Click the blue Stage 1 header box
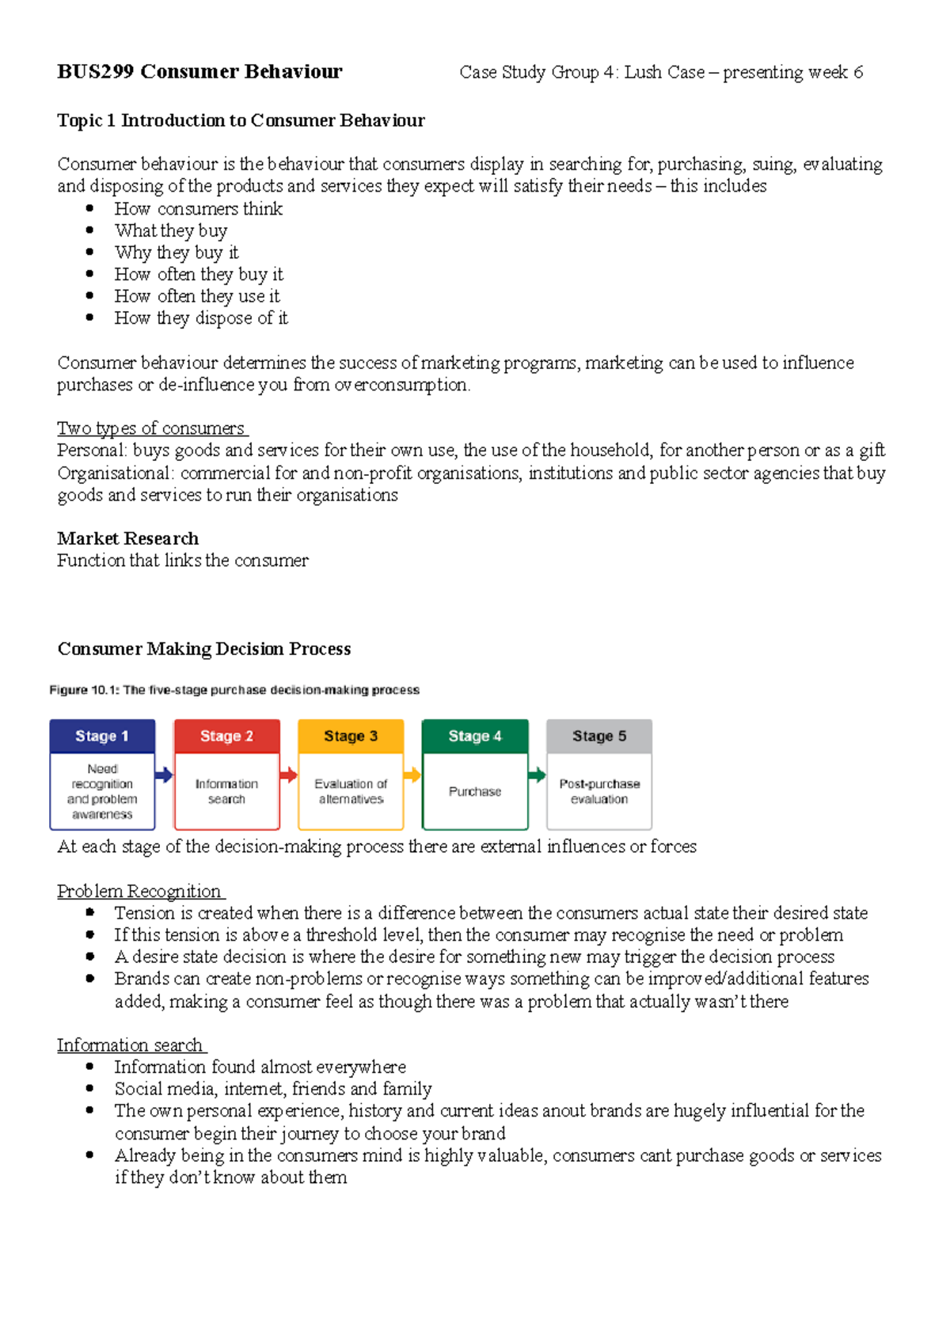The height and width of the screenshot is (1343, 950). [x=102, y=736]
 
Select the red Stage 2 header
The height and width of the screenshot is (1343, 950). [x=226, y=736]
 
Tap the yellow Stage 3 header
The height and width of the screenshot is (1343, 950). [x=351, y=736]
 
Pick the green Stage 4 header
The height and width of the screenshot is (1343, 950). [x=475, y=736]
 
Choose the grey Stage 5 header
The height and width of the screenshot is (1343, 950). [x=599, y=736]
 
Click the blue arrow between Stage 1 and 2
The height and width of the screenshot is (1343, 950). [x=164, y=774]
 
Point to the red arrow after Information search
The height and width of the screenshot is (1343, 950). [x=288, y=774]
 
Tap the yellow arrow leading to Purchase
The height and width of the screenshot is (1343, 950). [x=412, y=774]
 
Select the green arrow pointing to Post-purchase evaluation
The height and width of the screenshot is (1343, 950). [x=537, y=774]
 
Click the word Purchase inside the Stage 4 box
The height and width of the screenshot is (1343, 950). [x=475, y=791]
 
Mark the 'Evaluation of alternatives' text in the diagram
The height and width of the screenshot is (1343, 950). [x=351, y=791]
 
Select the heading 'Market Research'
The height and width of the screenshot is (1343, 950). [x=127, y=538]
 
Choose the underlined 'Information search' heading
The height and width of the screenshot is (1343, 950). [x=130, y=1045]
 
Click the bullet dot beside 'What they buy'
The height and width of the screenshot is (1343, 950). [x=90, y=230]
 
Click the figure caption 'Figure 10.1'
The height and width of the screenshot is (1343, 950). [x=84, y=690]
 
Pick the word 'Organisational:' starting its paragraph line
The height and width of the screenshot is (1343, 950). [x=115, y=473]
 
